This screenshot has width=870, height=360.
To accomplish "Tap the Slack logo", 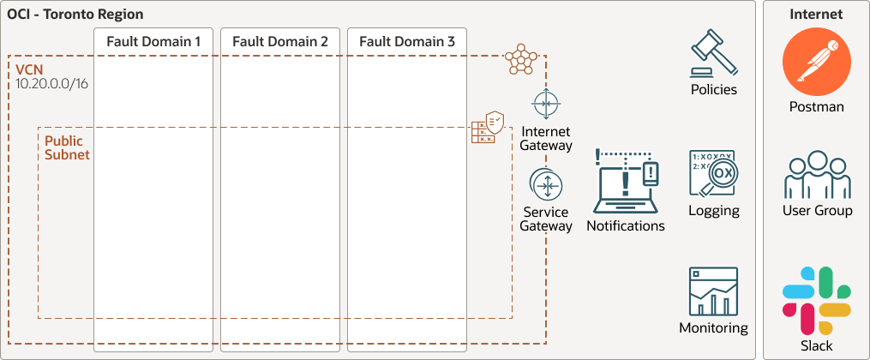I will coord(816,299).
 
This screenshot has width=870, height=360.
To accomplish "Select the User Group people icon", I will coord(817,176).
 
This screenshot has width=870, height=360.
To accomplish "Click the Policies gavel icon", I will coord(714,55).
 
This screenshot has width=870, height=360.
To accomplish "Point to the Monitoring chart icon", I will coord(713,291).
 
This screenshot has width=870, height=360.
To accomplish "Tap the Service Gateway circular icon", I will coord(546,185).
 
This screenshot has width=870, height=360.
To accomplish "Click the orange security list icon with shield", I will coord(486,128).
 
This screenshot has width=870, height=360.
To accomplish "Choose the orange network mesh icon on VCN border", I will coord(519,59).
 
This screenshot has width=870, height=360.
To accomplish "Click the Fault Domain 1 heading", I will coord(153,41).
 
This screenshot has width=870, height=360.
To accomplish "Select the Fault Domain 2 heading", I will coord(280,41).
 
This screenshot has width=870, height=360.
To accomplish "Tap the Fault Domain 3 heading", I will coord(407,41).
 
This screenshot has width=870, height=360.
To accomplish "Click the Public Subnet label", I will coord(67,147).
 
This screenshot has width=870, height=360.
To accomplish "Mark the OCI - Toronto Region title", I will coord(75,15).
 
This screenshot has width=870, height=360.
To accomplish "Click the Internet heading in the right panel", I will coord(816,15).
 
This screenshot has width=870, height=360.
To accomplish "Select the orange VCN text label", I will coord(30,69).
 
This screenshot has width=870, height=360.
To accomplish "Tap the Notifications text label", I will coord(626,226).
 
